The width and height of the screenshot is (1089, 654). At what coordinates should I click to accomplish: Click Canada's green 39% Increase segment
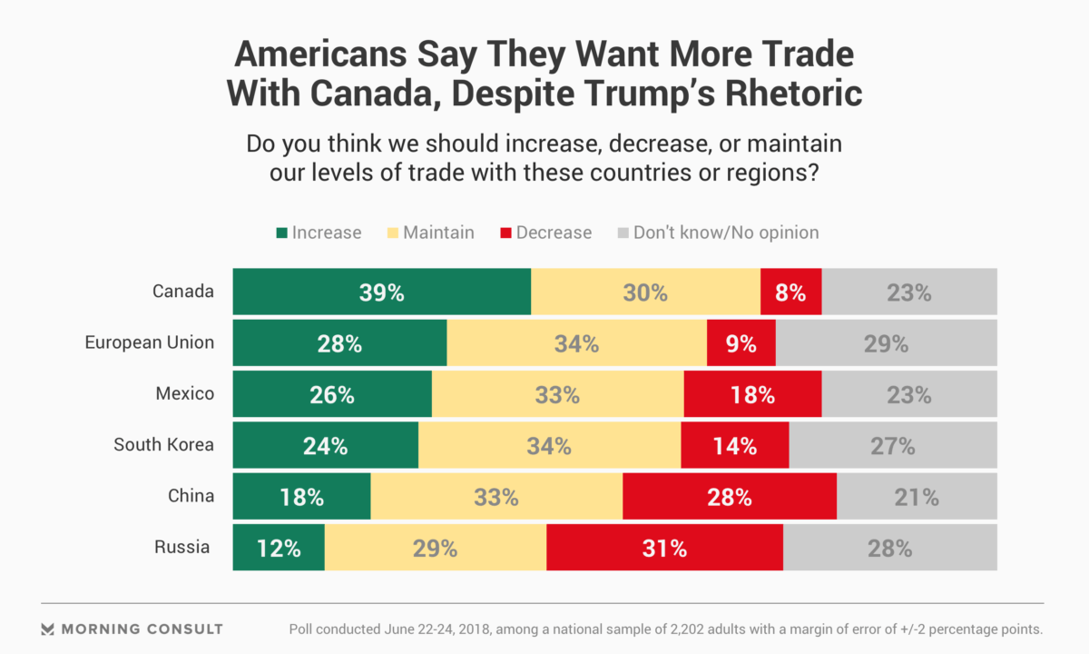coord(381,292)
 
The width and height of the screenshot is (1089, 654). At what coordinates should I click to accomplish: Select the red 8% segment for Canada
coord(790,292)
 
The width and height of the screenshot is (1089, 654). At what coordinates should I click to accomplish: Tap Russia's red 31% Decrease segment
coord(664,548)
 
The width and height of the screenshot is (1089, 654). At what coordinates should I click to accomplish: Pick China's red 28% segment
coord(730,497)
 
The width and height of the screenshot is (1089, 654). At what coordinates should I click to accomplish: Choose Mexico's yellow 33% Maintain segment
coord(557,394)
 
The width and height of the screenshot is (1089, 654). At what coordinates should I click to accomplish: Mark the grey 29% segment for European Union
coord(886,343)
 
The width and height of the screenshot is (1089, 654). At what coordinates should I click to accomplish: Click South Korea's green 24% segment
coord(325,445)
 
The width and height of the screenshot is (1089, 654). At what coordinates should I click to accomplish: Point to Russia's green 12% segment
coord(279,548)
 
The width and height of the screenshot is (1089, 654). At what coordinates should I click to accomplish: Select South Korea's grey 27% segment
coord(893,445)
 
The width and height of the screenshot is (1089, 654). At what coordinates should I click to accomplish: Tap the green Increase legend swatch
coord(281,233)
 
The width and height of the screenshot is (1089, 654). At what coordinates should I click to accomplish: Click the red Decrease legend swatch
coord(505,233)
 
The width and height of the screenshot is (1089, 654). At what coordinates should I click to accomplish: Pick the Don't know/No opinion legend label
coord(726,233)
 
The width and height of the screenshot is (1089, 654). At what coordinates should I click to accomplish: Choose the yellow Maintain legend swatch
coord(392,233)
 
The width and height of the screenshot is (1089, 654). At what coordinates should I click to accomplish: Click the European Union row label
coord(150,342)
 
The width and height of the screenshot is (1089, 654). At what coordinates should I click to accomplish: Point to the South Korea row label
coord(163,444)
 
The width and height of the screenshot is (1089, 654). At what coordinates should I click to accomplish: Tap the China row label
coord(191,496)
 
